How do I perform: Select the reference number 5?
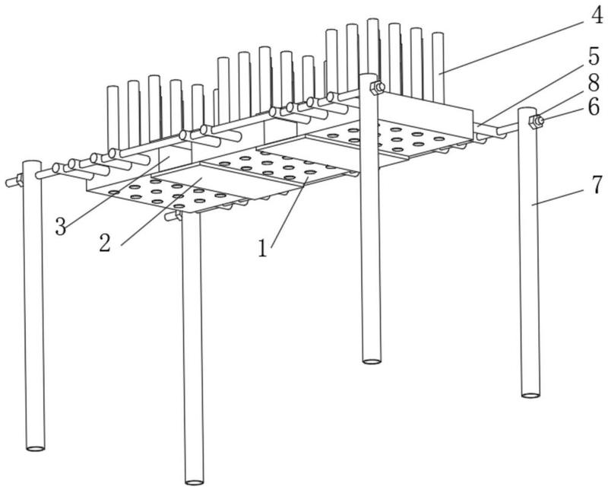(x=594, y=57)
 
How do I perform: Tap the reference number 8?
(x=594, y=83)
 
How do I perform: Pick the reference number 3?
(x=61, y=227)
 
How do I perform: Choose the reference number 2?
(x=104, y=243)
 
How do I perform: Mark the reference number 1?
(x=263, y=248)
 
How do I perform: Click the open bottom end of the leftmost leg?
(x=35, y=448)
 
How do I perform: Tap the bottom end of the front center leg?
(x=195, y=482)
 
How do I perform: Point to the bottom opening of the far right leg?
(x=530, y=395)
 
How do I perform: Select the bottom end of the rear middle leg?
(x=372, y=361)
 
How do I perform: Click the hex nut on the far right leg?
(x=536, y=122)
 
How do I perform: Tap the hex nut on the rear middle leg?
(x=377, y=88)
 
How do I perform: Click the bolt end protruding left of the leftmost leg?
(x=11, y=183)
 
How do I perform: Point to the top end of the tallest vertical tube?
(x=373, y=21)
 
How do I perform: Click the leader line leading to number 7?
(x=559, y=197)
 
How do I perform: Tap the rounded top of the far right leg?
(x=527, y=110)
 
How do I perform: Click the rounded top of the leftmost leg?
(x=32, y=164)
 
